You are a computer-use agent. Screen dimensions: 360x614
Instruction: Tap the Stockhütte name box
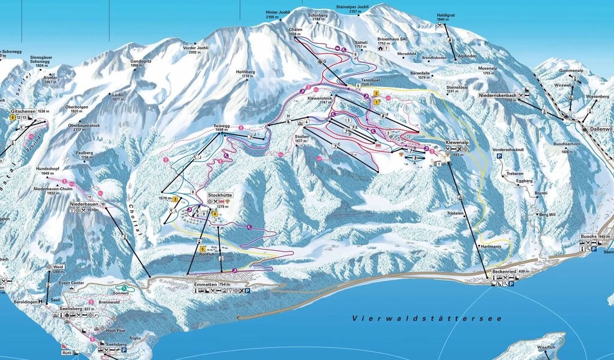coord(220,196)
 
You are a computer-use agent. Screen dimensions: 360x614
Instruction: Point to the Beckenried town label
coord(502,272)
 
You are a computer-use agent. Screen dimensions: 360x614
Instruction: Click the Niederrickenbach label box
coord(497,95)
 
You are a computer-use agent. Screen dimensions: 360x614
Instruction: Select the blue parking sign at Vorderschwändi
coord(499,156)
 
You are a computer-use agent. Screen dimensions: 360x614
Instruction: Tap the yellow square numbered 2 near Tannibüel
coord(376,94)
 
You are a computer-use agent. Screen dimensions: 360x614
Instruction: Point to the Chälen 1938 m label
coord(295,31)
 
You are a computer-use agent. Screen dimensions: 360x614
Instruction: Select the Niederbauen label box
coord(84,205)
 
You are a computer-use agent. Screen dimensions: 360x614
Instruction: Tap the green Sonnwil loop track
coord(124,289)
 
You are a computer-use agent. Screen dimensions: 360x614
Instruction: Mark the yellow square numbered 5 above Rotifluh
coord(203,249)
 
